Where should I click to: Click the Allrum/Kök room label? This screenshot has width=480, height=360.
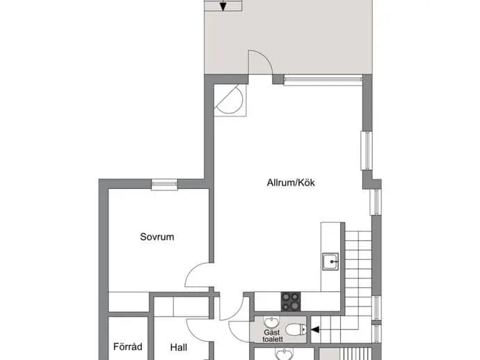(291, 183)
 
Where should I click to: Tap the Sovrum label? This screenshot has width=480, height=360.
(157, 237)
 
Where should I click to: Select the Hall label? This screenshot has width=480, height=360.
(179, 347)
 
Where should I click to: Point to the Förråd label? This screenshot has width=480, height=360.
(128, 347)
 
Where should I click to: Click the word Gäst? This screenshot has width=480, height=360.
(272, 332)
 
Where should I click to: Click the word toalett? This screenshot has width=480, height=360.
(273, 339)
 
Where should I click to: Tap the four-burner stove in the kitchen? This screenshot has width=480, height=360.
(291, 302)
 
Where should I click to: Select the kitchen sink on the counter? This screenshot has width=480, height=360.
(330, 261)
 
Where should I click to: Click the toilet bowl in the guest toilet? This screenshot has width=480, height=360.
(296, 329)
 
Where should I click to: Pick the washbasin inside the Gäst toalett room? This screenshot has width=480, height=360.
(271, 322)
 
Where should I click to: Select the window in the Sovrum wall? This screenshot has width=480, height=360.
(165, 184)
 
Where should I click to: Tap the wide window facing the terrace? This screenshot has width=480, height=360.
(323, 80)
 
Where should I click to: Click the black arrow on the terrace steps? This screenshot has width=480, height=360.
(223, 6)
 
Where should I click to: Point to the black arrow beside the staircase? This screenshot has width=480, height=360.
(315, 329)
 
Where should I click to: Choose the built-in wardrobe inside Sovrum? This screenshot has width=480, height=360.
(129, 302)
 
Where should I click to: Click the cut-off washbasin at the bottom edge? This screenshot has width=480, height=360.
(285, 355)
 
